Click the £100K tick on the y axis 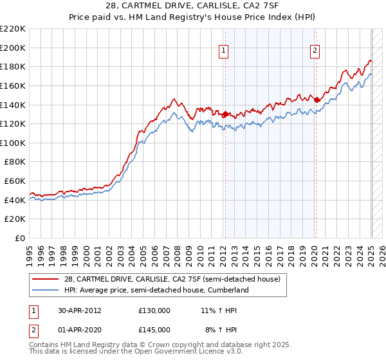(13, 143)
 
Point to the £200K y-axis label (13, 48)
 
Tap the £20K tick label (15, 219)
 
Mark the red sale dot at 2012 (225, 114)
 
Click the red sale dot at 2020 (316, 100)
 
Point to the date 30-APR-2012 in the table (80, 310)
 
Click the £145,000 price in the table (154, 330)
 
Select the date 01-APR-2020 (80, 330)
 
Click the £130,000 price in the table (154, 310)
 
